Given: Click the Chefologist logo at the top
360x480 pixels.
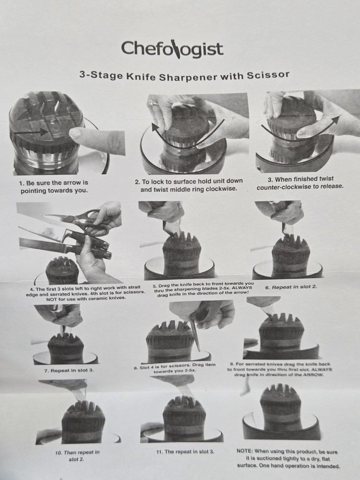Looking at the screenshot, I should [x=172, y=49].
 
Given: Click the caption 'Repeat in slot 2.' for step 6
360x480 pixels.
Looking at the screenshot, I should [x=291, y=288].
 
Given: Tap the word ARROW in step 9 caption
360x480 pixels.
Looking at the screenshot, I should [x=312, y=374].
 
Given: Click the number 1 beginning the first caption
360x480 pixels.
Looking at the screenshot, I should [x=21, y=183].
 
